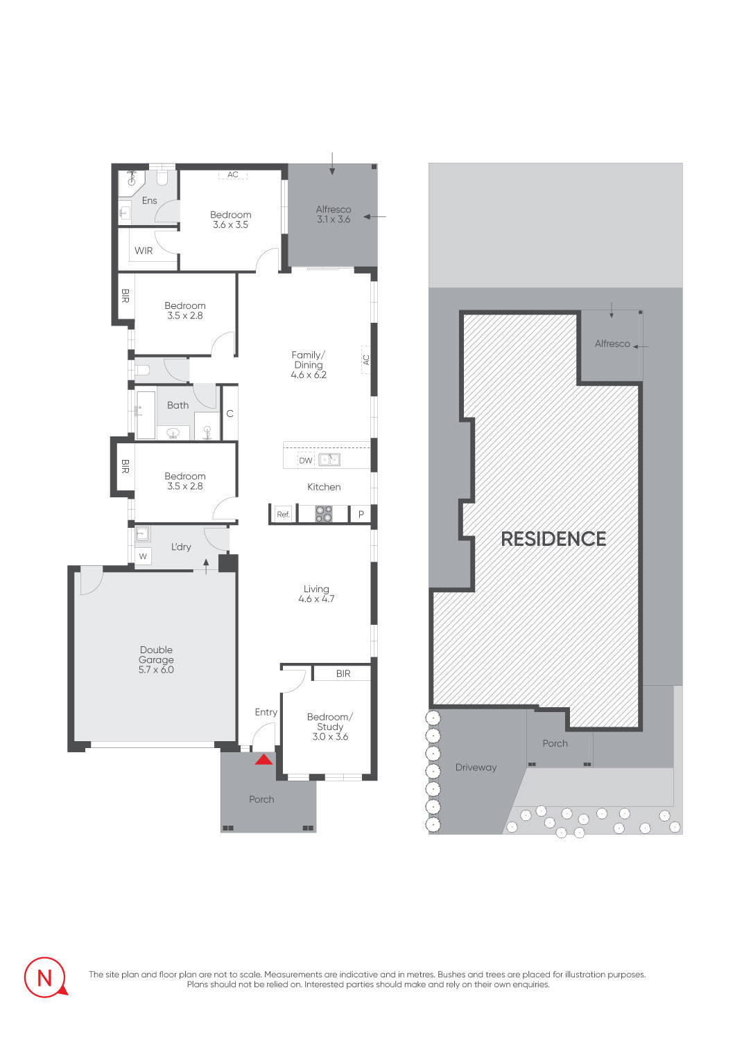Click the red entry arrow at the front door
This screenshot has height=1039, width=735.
click(263, 759)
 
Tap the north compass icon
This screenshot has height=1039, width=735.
click(45, 977)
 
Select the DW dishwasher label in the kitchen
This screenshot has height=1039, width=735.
click(305, 460)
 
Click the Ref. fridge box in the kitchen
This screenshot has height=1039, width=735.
click(283, 514)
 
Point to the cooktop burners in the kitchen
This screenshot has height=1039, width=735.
click(324, 514)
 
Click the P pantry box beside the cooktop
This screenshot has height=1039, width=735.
click(361, 515)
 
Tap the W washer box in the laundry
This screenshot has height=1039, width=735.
click(143, 556)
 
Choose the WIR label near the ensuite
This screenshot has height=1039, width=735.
click(144, 251)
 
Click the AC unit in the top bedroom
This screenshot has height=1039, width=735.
click(233, 175)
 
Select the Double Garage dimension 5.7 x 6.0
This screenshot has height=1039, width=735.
click(156, 670)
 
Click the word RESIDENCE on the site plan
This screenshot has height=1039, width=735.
click(553, 539)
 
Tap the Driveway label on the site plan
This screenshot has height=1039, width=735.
click(476, 767)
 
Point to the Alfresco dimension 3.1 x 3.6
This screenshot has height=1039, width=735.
click(334, 219)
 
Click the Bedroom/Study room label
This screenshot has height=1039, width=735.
click(330, 722)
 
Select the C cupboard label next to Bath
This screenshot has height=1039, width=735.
click(230, 414)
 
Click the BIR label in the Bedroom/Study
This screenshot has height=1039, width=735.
click(343, 673)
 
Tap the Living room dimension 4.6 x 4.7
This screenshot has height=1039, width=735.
click(316, 598)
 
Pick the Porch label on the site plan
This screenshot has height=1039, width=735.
click(555, 743)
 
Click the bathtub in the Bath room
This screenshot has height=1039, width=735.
click(146, 415)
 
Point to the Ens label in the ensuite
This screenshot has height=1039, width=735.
click(149, 201)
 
